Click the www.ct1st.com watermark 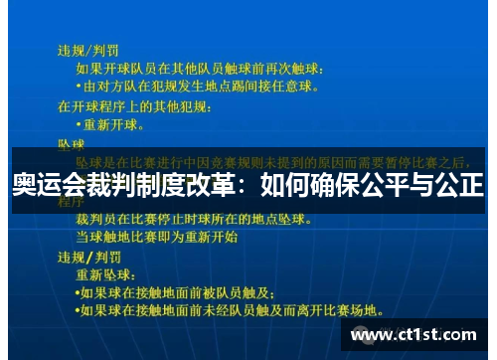417,335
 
